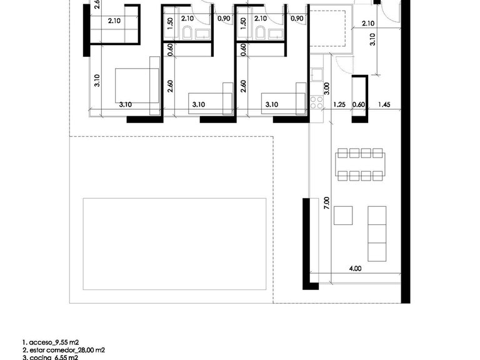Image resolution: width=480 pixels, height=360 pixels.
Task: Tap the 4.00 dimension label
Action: (x=354, y=269)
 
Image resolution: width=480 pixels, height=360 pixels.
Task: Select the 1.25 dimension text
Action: (x=339, y=104)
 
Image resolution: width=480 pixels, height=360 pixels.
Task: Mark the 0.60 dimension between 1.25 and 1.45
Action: (x=359, y=104)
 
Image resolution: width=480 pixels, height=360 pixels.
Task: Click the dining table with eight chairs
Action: (x=359, y=164)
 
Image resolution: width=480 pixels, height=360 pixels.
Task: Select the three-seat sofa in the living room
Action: (x=377, y=234)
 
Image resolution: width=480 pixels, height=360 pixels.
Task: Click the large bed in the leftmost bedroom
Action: (x=137, y=86)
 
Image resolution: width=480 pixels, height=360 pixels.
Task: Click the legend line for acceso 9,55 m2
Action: (x=51, y=342)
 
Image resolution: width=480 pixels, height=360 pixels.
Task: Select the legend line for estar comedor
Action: (x=63, y=351)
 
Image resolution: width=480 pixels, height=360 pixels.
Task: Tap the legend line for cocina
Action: (x=50, y=357)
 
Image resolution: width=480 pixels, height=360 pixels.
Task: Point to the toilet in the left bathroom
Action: (x=187, y=33)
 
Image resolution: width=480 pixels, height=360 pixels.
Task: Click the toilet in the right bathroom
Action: (x=262, y=33)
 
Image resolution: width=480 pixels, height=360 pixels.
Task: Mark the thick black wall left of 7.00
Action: (x=306, y=243)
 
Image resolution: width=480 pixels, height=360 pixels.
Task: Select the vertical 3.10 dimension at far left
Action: (x=97, y=82)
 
